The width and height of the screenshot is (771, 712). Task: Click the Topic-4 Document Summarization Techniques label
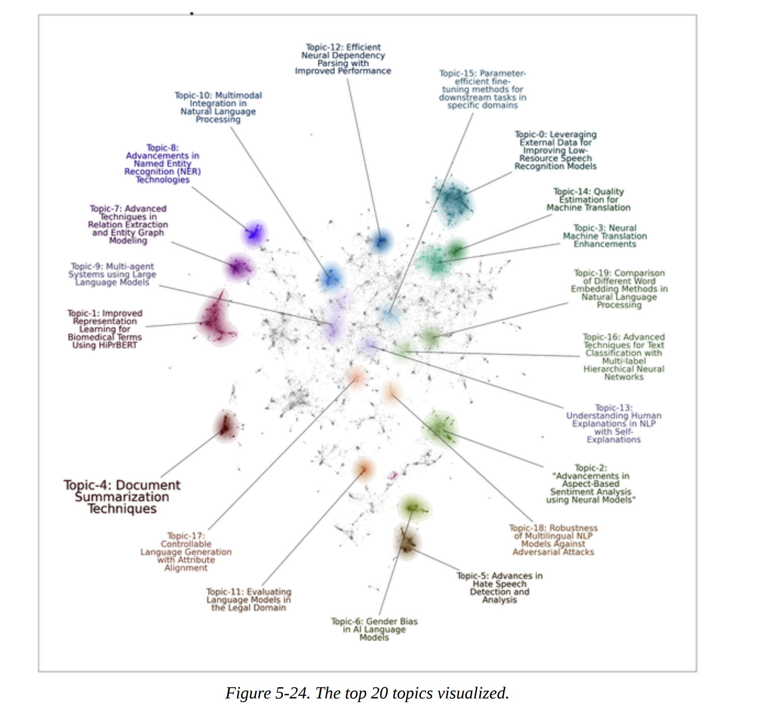click(122, 497)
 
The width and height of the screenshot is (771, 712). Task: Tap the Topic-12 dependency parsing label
click(343, 59)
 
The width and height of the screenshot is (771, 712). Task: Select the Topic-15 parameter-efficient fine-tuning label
click(482, 89)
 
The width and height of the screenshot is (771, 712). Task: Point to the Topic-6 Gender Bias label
click(374, 629)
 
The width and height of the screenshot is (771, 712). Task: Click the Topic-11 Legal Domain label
click(249, 599)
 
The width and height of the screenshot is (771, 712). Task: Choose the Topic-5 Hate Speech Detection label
click(499, 587)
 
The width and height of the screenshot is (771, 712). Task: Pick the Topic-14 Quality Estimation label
click(588, 199)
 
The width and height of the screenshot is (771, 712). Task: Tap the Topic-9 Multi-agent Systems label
click(112, 274)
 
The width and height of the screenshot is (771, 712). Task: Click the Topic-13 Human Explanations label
click(613, 423)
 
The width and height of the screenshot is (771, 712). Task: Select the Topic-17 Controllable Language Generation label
click(186, 552)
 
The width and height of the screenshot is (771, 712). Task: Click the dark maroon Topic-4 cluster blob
click(225, 426)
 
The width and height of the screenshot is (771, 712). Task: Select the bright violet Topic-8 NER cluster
click(254, 234)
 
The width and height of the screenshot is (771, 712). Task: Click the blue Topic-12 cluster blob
click(381, 241)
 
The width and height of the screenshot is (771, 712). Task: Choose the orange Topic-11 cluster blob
click(364, 469)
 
